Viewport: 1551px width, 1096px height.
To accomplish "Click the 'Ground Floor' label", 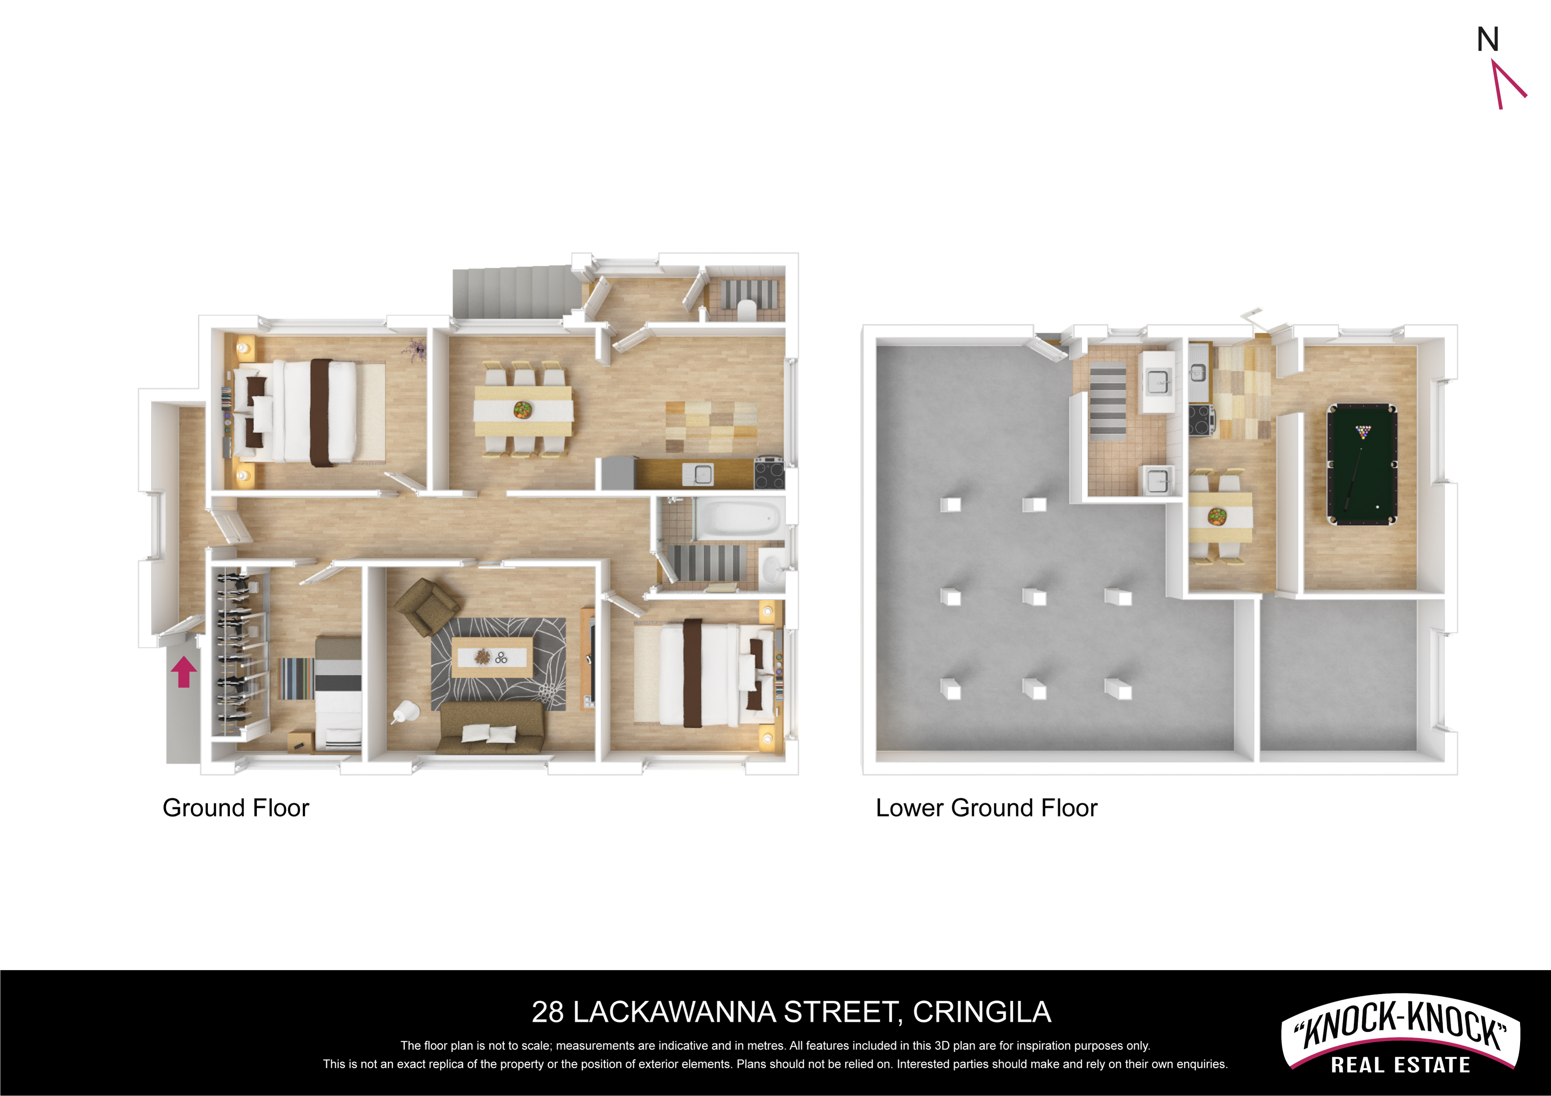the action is coord(236,808).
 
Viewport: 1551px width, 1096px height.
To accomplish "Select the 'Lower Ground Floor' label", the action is coord(986,808).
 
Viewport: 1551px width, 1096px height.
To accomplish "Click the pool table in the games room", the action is coord(1362,464).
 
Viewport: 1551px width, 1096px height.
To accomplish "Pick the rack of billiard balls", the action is coord(1364,431).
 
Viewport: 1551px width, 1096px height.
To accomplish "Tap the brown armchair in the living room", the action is coord(427,606).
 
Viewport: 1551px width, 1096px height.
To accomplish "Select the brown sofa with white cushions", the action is coord(491,727).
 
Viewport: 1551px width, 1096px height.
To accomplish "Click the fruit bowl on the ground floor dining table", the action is coord(522,409).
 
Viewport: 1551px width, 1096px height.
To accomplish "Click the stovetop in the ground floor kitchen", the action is coord(769,473).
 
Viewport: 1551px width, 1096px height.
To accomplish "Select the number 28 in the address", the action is coord(547,1012).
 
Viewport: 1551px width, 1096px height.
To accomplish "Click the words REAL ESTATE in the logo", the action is coord(1400,1065).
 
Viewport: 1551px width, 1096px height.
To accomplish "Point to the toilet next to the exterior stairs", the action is coord(747,309).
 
